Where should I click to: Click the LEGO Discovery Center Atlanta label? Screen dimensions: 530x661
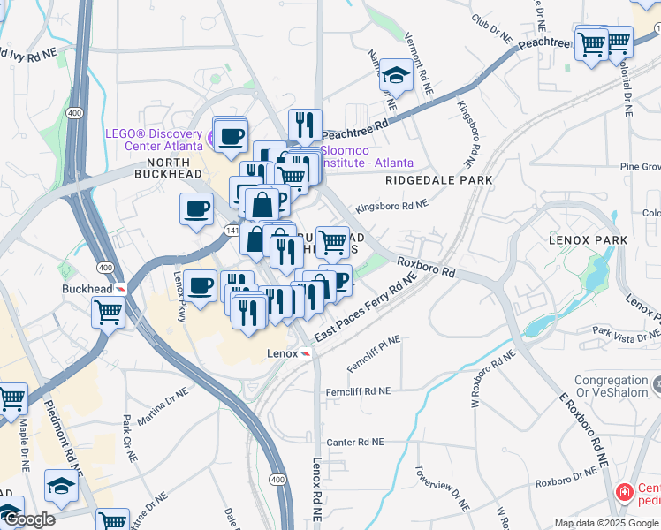point(155,140)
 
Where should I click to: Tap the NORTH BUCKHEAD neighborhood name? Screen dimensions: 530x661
point(156,170)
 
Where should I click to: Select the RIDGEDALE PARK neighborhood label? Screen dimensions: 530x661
point(438,180)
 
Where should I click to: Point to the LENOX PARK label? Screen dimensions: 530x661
point(588,240)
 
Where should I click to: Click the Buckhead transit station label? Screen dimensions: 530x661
point(87,289)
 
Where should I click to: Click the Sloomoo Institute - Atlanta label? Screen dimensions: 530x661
point(366,157)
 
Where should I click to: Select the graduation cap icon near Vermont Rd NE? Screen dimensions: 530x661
point(397,76)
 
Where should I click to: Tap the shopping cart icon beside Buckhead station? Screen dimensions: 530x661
point(108,311)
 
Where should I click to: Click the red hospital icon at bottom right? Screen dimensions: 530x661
point(624,491)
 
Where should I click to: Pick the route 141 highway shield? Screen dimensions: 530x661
point(232,230)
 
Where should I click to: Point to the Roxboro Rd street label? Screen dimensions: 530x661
point(426,267)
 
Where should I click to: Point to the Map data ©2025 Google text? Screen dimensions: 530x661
point(606,523)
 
